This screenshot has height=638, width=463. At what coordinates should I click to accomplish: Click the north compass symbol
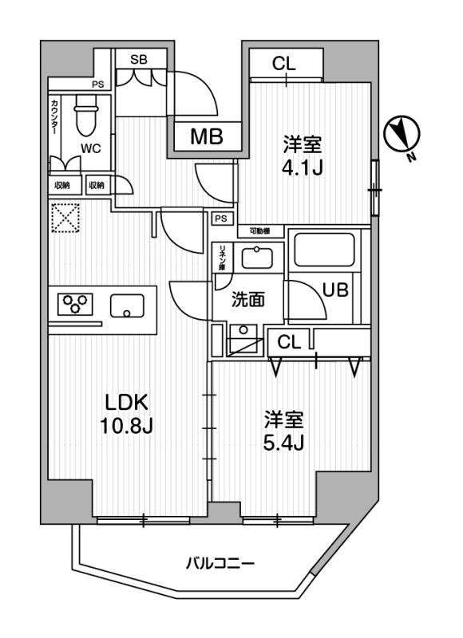click(x=400, y=135)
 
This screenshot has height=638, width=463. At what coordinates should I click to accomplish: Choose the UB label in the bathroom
click(x=335, y=290)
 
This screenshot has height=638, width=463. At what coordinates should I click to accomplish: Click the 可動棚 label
click(x=259, y=230)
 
